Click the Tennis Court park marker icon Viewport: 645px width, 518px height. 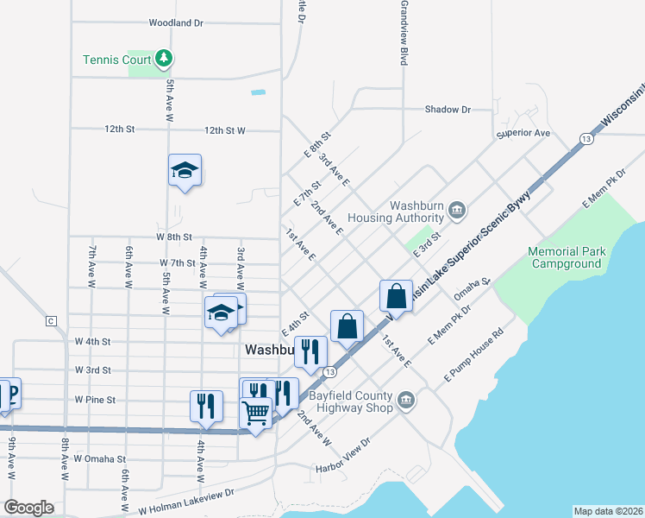point(164,60)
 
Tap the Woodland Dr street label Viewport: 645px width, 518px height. point(176,23)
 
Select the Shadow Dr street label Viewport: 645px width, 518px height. point(448,110)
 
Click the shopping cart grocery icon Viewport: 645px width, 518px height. point(255,412)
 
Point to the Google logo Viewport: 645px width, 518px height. point(28,508)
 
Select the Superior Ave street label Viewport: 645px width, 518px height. point(523,134)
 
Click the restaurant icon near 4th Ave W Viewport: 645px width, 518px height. point(206,405)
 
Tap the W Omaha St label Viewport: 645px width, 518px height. point(99,459)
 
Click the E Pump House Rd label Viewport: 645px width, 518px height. point(473,355)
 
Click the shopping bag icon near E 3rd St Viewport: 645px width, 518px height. point(395,294)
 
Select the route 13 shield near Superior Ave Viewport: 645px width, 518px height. point(586,138)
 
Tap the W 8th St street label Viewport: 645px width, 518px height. point(173,237)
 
